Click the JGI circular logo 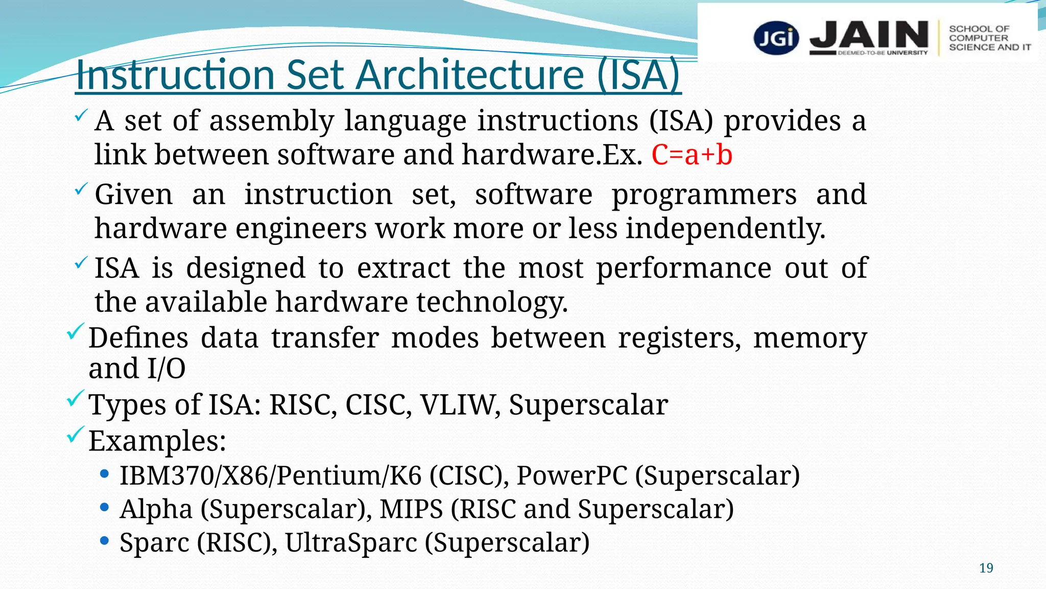point(776,37)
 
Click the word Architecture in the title point(470,75)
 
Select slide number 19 point(986,568)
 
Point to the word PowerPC point(572,475)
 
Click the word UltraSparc point(351,542)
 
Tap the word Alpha point(156,509)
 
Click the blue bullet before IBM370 point(105,474)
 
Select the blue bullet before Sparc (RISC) point(105,541)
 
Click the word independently point(725,229)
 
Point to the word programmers point(704,195)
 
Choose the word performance point(683,268)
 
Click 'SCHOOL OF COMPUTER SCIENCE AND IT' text point(989,38)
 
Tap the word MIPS point(411,509)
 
